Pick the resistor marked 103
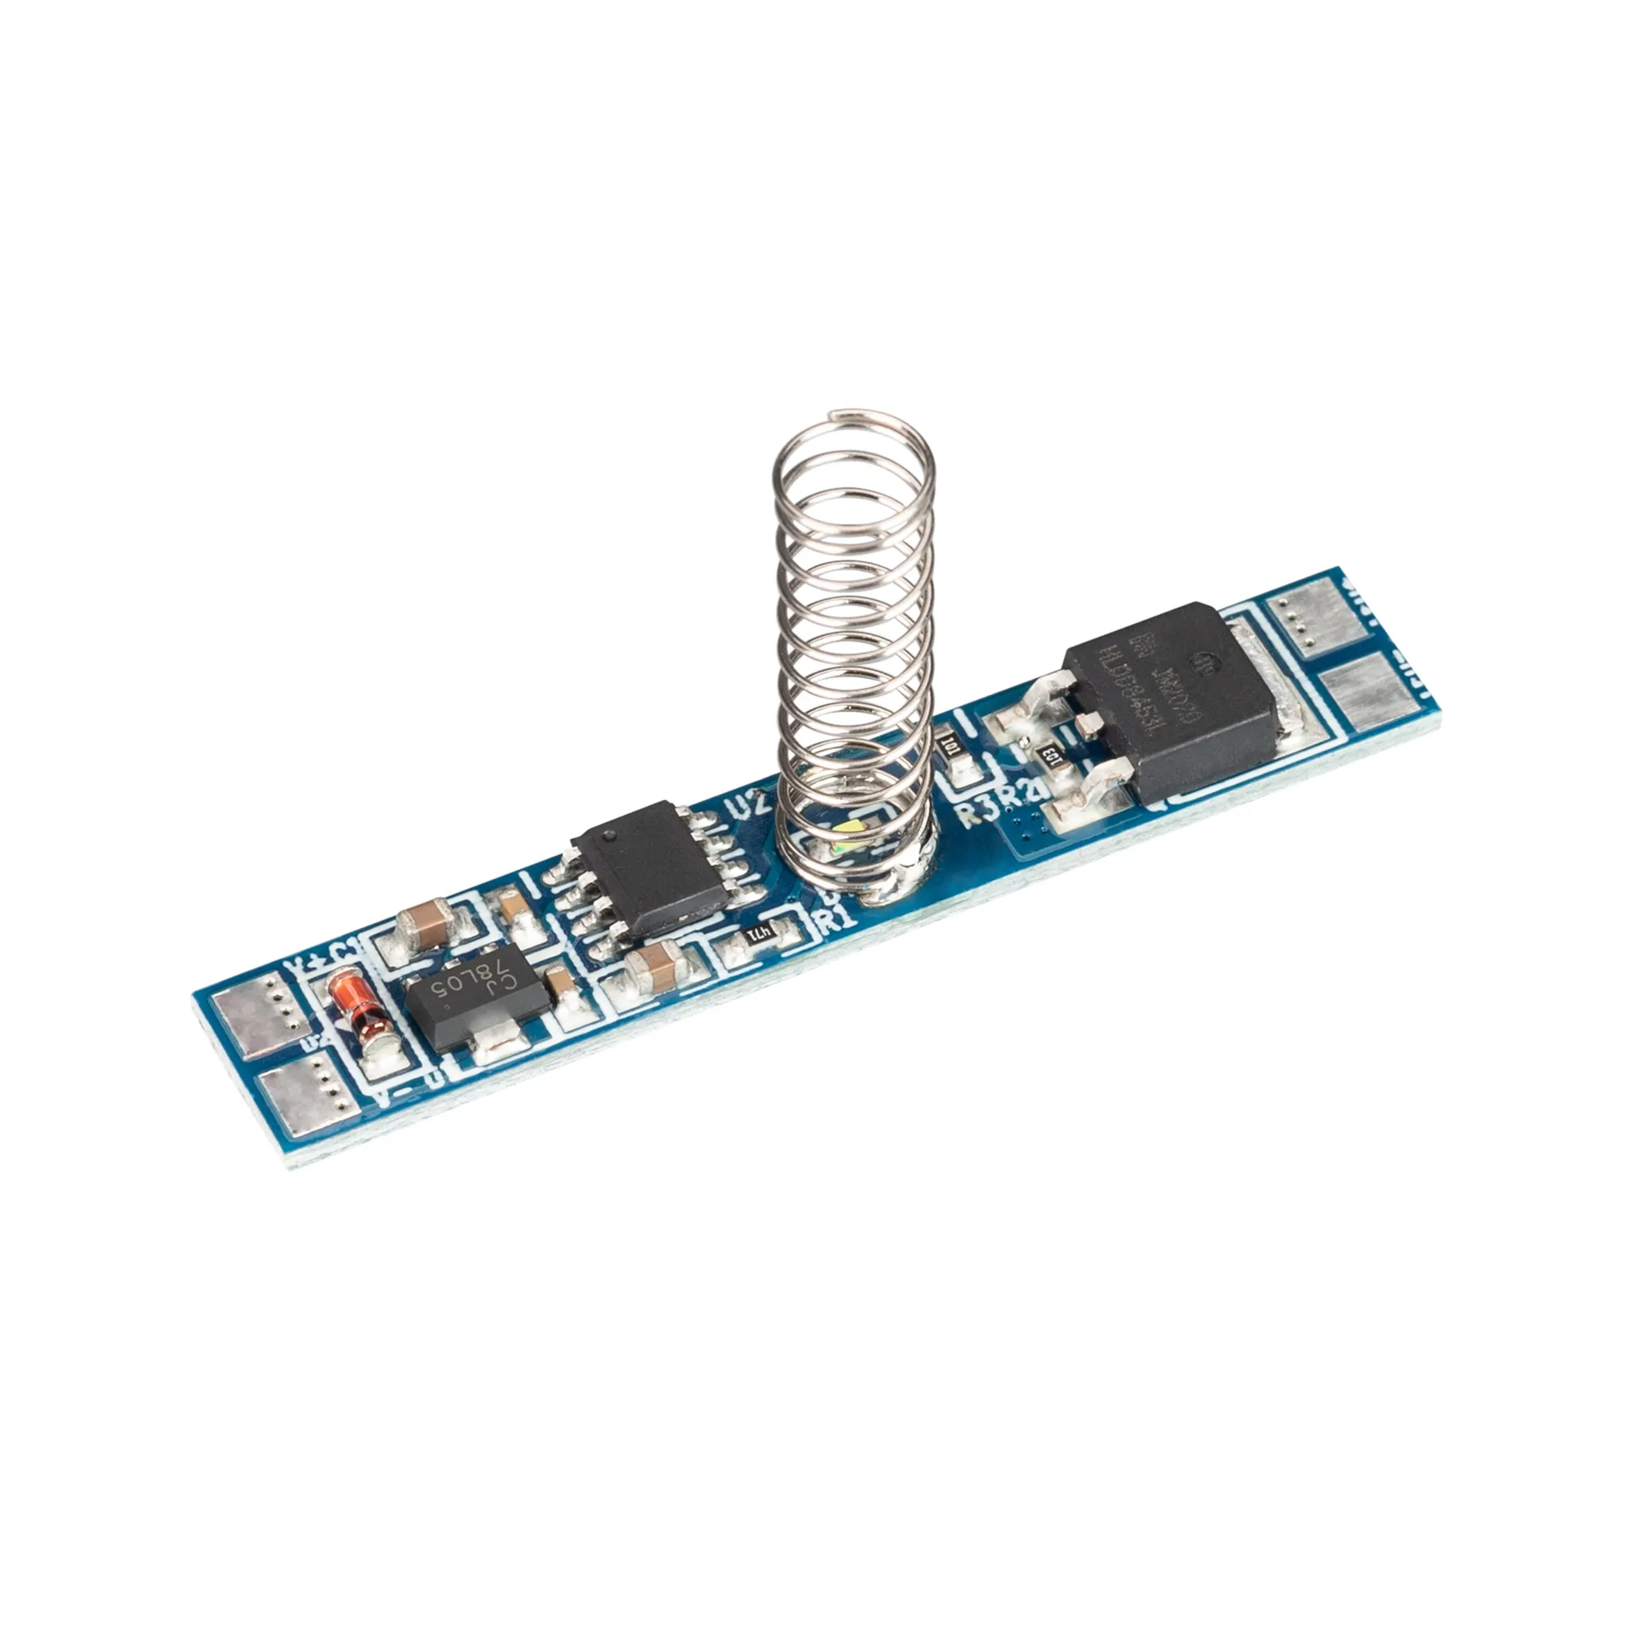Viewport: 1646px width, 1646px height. point(1050,755)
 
